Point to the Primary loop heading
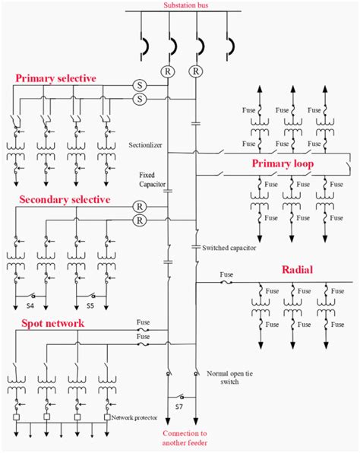coord(283,163)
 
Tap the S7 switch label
coord(181,407)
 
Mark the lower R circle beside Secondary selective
coord(139,220)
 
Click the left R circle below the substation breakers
coord(169,71)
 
